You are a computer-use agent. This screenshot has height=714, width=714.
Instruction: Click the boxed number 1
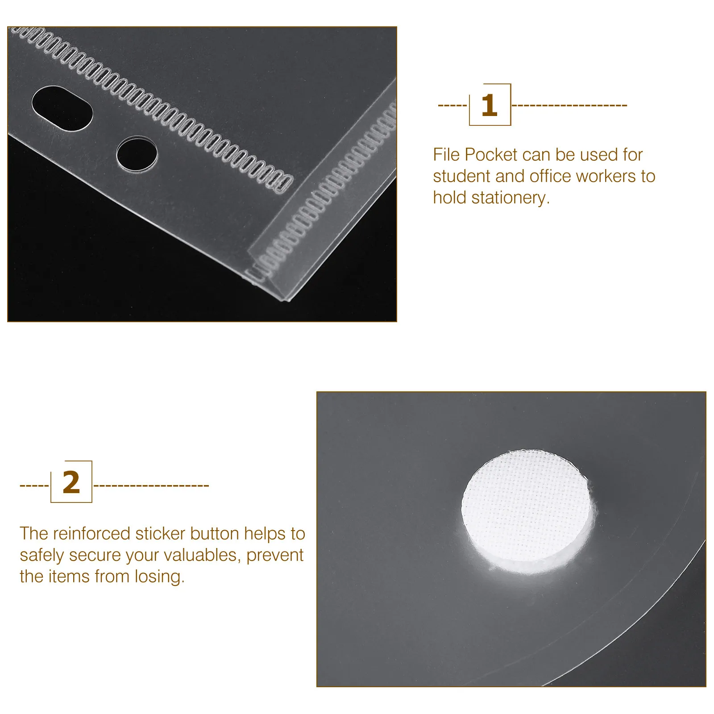pos(490,105)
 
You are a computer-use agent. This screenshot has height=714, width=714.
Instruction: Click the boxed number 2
pos(71,482)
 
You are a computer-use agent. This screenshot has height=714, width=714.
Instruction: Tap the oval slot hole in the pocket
pos(62,108)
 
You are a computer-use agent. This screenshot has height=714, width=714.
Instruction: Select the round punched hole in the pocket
pos(137,154)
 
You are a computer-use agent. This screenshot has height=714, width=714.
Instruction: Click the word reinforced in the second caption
pos(91,534)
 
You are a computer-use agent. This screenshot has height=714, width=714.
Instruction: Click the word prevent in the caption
pos(275,555)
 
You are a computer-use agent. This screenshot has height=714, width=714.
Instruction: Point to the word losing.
pos(159,577)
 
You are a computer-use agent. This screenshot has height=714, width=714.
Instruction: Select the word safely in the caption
pos(42,555)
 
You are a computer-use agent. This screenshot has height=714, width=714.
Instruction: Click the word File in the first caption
pos(446,155)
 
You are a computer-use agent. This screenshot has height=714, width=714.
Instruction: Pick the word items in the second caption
pos(69,577)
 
